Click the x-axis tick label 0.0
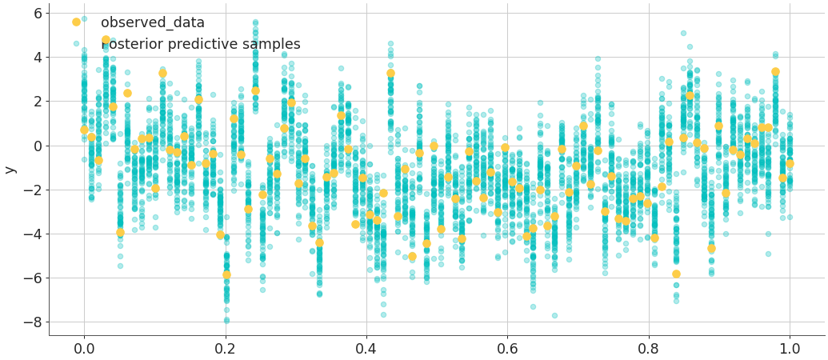coord(84,348)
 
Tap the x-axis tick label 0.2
coord(226,348)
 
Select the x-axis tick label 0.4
coord(366,348)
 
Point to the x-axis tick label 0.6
coord(508,348)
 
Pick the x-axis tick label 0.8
coord(649,348)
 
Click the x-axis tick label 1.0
coord(790,348)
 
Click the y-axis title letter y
coord(10,170)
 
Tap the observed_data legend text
coord(153,23)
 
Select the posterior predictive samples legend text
coord(201,45)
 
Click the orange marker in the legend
coord(76,22)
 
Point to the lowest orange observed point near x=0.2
coord(226,274)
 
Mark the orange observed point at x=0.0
coord(84,130)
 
